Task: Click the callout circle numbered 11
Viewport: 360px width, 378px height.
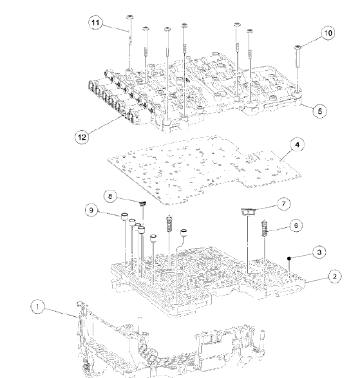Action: [96, 23]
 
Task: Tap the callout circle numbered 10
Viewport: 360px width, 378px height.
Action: [327, 32]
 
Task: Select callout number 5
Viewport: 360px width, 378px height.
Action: [318, 111]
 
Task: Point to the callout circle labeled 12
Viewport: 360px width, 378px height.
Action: [82, 136]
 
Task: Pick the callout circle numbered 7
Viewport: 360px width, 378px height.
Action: [283, 204]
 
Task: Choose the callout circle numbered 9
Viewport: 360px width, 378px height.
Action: [92, 209]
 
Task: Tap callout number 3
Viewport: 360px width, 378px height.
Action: [318, 254]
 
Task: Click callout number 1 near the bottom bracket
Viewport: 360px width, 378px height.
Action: [38, 308]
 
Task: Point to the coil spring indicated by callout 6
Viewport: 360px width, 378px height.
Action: [264, 228]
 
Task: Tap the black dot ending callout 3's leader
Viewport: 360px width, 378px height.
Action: [290, 260]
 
